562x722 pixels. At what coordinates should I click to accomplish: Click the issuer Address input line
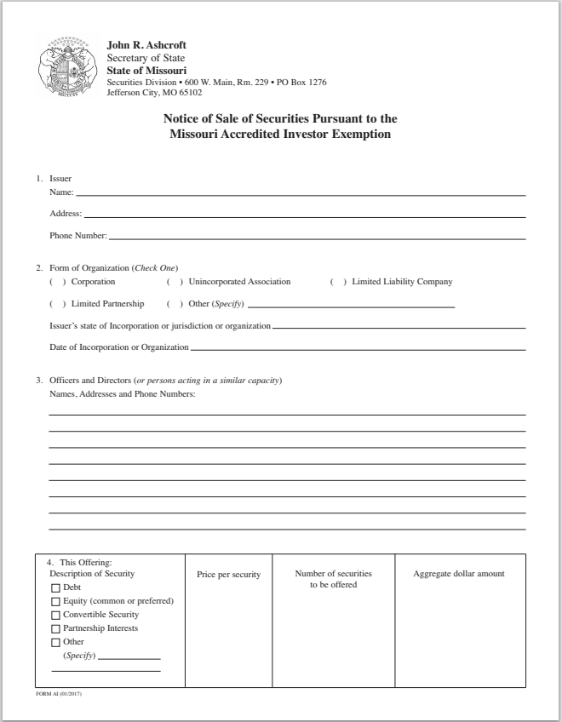(x=305, y=214)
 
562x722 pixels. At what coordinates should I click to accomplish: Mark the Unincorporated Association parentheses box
(x=175, y=282)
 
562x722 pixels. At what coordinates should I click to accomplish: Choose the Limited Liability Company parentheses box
(x=338, y=282)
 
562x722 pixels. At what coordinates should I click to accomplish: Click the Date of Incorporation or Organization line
(x=358, y=347)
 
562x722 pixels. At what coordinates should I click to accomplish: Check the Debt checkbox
(x=57, y=587)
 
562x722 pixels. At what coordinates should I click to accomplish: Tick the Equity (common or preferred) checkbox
(x=57, y=601)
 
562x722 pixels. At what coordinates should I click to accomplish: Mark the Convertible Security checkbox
(x=57, y=615)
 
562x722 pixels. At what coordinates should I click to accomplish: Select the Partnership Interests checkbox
(x=57, y=628)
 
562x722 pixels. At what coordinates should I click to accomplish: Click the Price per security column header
(x=228, y=575)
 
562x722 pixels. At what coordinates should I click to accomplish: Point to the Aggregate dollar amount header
(x=459, y=574)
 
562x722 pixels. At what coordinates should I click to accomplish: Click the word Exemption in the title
(x=357, y=135)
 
